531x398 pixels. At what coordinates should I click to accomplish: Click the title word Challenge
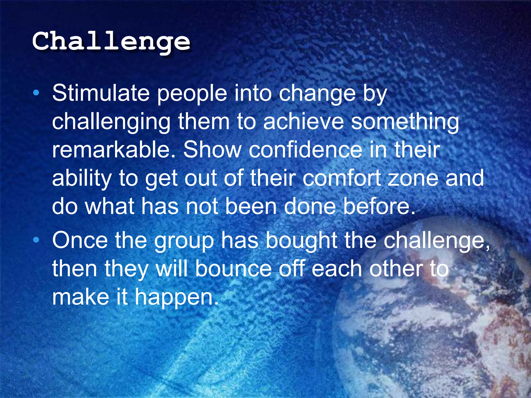(111, 41)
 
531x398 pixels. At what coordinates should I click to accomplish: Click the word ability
(82, 179)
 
